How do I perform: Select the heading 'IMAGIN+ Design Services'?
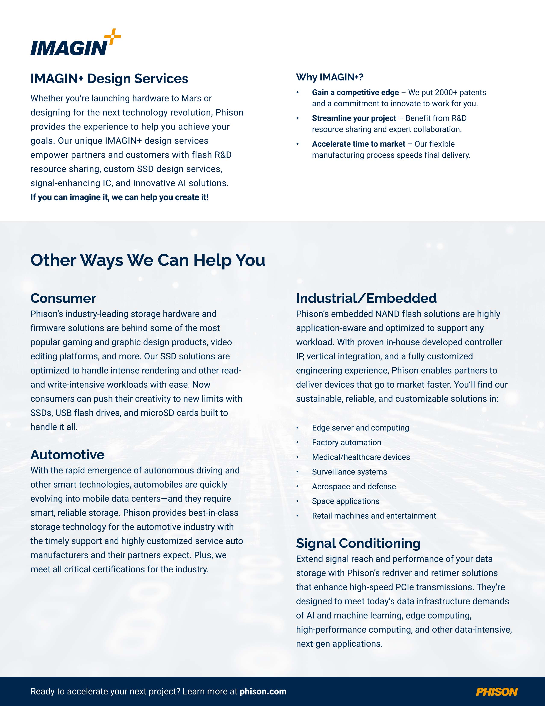pyautogui.click(x=109, y=79)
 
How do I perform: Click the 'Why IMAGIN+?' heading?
pyautogui.click(x=330, y=77)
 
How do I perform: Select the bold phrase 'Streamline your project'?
pyautogui.click(x=354, y=118)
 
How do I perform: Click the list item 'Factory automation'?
pyautogui.click(x=346, y=443)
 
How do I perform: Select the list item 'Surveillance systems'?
pyautogui.click(x=349, y=472)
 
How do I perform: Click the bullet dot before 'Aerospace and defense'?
pyautogui.click(x=298, y=487)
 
